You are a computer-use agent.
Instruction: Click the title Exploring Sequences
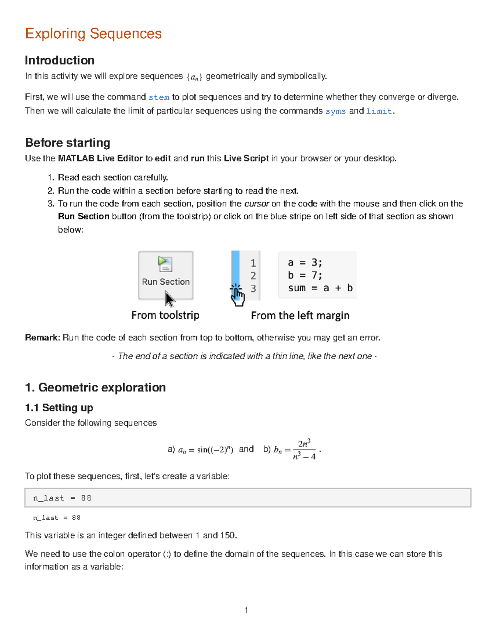coord(93,34)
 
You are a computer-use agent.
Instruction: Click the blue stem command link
coord(159,97)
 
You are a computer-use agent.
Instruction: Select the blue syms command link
coord(335,111)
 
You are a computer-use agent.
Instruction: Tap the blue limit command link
coord(379,111)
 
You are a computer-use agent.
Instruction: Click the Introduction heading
coord(60,60)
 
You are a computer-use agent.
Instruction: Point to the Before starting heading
coord(68,143)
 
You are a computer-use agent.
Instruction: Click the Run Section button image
coord(166,275)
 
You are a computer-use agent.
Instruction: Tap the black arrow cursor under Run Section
coord(169,299)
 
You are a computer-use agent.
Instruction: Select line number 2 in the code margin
coord(253,276)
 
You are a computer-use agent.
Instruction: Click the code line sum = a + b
coord(320,288)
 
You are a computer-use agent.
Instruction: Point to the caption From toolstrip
coord(165,315)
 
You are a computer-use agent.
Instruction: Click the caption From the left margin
coord(300,316)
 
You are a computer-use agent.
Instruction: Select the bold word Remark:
coord(43,338)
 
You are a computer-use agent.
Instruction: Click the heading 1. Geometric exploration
coord(95,387)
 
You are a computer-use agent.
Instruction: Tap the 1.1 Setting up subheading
coord(59,408)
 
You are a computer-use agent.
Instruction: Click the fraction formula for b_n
coord(304,450)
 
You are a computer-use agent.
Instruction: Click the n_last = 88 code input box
coord(248,498)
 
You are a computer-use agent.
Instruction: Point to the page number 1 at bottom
coord(246,610)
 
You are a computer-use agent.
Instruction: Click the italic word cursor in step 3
coord(256,204)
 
